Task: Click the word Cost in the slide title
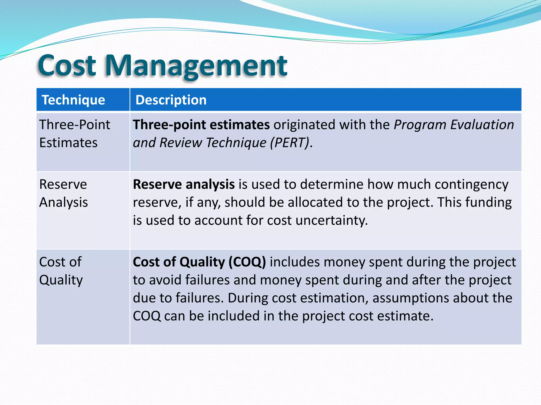[x=67, y=65]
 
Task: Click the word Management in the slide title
[x=196, y=65]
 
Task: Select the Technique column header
[x=73, y=100]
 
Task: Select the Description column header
[x=171, y=100]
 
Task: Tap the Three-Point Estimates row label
[x=74, y=133]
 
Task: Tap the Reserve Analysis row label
[x=63, y=193]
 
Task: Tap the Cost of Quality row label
[x=61, y=271]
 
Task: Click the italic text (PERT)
[x=290, y=143]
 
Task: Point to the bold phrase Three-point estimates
[x=201, y=125]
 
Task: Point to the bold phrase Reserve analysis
[x=184, y=184]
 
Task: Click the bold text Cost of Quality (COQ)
[x=199, y=262]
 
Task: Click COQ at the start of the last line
[x=147, y=316]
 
